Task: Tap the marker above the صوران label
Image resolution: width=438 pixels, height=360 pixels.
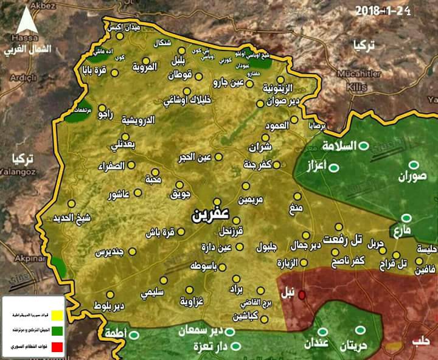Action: click(414, 165)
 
